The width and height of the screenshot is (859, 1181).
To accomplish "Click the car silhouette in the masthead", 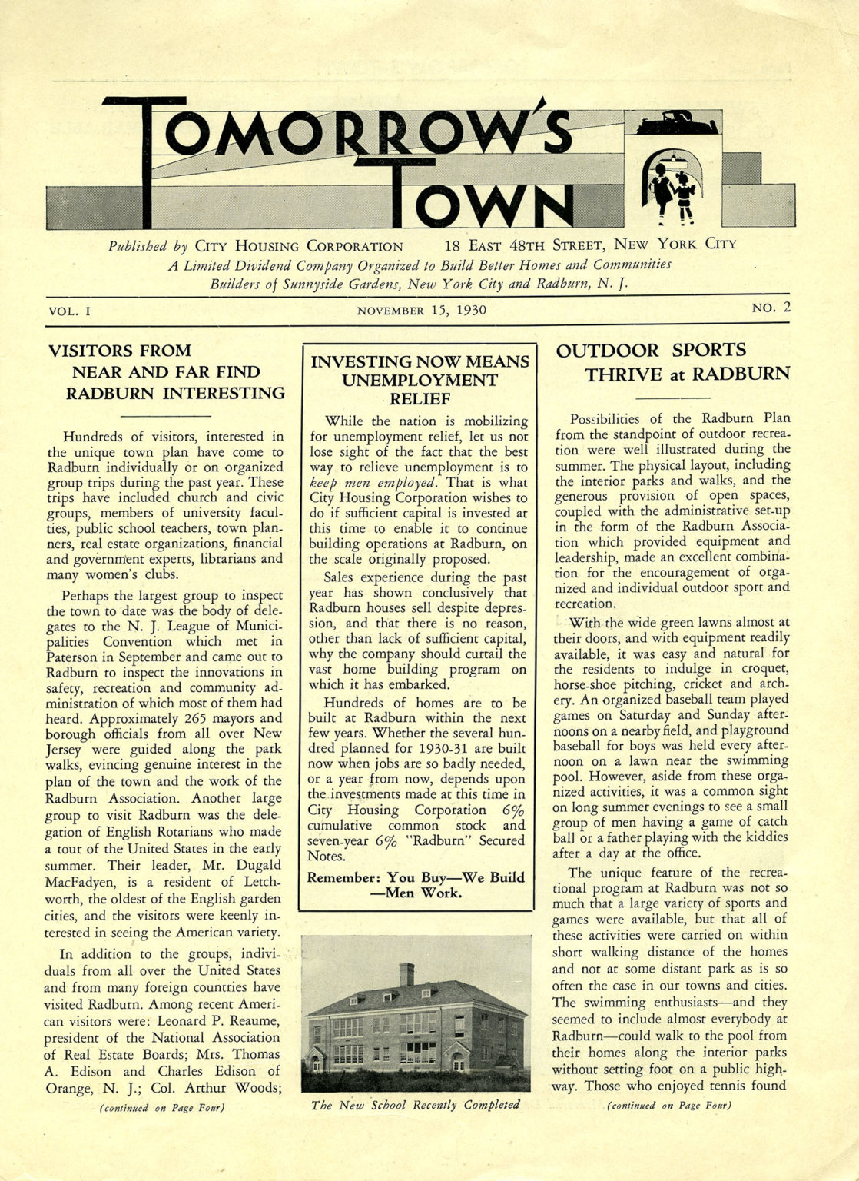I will pos(672,121).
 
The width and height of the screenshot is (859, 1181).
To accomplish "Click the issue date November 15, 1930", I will pos(421,311).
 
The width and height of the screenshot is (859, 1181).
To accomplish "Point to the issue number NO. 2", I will pos(771,308).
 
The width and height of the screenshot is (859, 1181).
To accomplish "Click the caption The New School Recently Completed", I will pos(415,1105).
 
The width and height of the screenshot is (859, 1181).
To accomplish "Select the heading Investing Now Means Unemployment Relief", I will pos(419,380).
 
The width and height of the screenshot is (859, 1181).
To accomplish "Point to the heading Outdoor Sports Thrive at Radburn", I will pos(672,362).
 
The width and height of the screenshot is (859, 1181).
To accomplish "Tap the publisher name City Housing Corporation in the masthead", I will pos(299,246).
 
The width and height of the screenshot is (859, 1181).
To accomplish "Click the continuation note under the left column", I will pos(162,1108).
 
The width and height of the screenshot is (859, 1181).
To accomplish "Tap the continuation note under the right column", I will pos(668,1106).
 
